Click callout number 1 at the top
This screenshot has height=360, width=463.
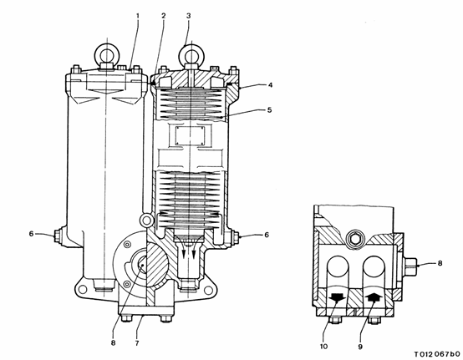point(137,15)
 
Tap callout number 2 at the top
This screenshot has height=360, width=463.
point(163,15)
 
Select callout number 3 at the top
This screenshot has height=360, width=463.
point(189,15)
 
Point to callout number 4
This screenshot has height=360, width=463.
point(270,85)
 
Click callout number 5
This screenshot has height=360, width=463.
point(269,109)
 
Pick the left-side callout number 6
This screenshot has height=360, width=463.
point(31,234)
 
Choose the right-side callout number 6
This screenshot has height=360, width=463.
point(267,235)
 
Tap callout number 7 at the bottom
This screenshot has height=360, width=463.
point(137,343)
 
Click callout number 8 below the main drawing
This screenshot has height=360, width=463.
point(113,343)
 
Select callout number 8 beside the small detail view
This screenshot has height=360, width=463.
point(440,263)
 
